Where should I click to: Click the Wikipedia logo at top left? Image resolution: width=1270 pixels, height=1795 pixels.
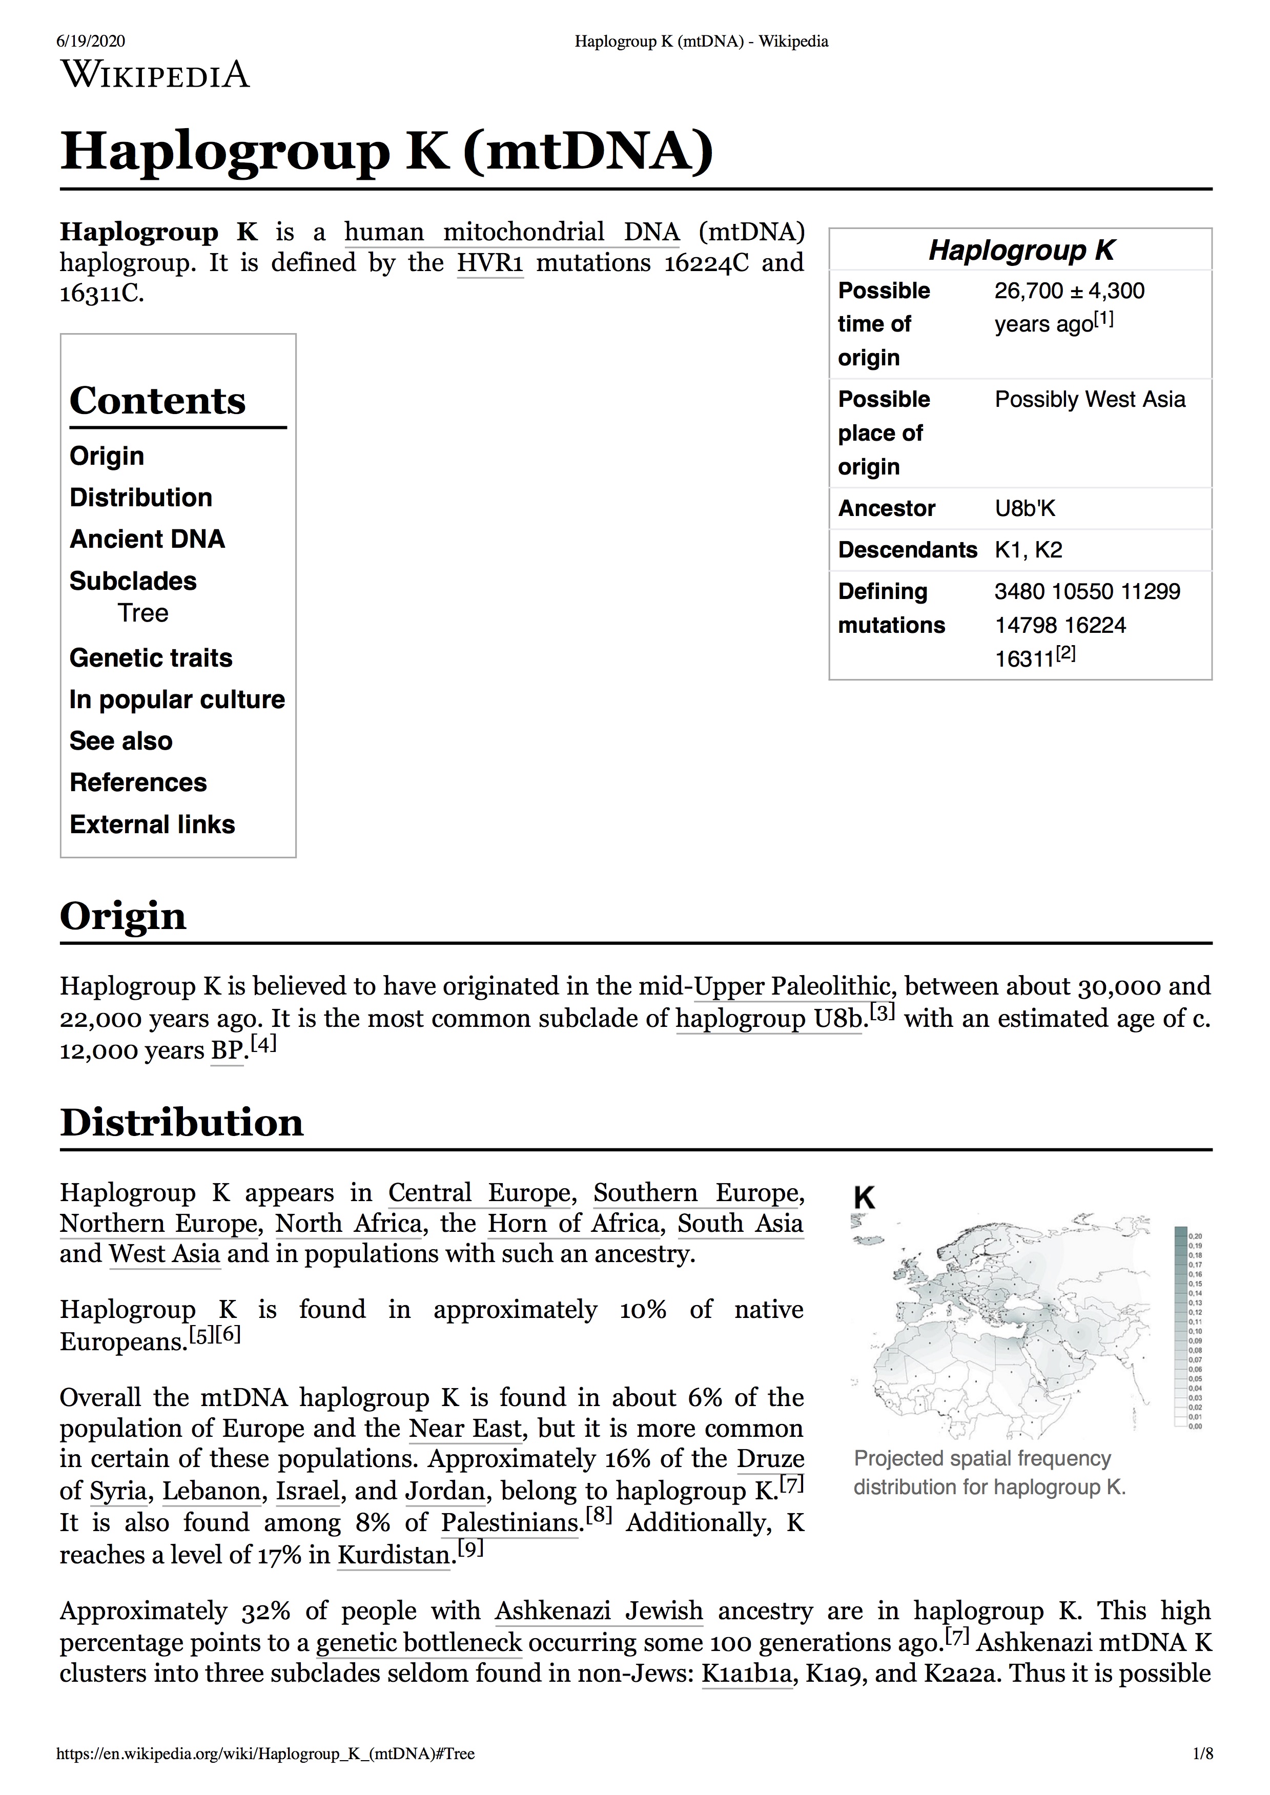click(155, 75)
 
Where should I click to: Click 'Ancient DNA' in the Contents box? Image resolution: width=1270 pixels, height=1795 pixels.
click(147, 540)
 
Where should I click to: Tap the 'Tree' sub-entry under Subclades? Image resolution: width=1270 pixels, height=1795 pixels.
click(143, 613)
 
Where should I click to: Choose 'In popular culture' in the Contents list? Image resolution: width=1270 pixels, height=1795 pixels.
click(177, 699)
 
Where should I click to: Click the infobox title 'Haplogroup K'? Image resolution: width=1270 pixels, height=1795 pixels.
click(1020, 250)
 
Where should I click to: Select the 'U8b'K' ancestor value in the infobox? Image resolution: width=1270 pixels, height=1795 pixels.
click(1025, 509)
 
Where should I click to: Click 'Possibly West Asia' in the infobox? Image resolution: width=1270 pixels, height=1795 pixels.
click(1090, 400)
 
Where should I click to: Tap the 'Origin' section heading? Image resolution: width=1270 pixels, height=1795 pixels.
click(123, 916)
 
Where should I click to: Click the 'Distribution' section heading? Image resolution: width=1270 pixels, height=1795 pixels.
click(181, 1123)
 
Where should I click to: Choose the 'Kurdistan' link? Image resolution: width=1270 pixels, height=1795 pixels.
click(394, 1555)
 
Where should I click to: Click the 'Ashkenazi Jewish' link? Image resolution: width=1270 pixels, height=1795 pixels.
click(599, 1611)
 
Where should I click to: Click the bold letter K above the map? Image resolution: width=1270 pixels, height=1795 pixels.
click(864, 1198)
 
